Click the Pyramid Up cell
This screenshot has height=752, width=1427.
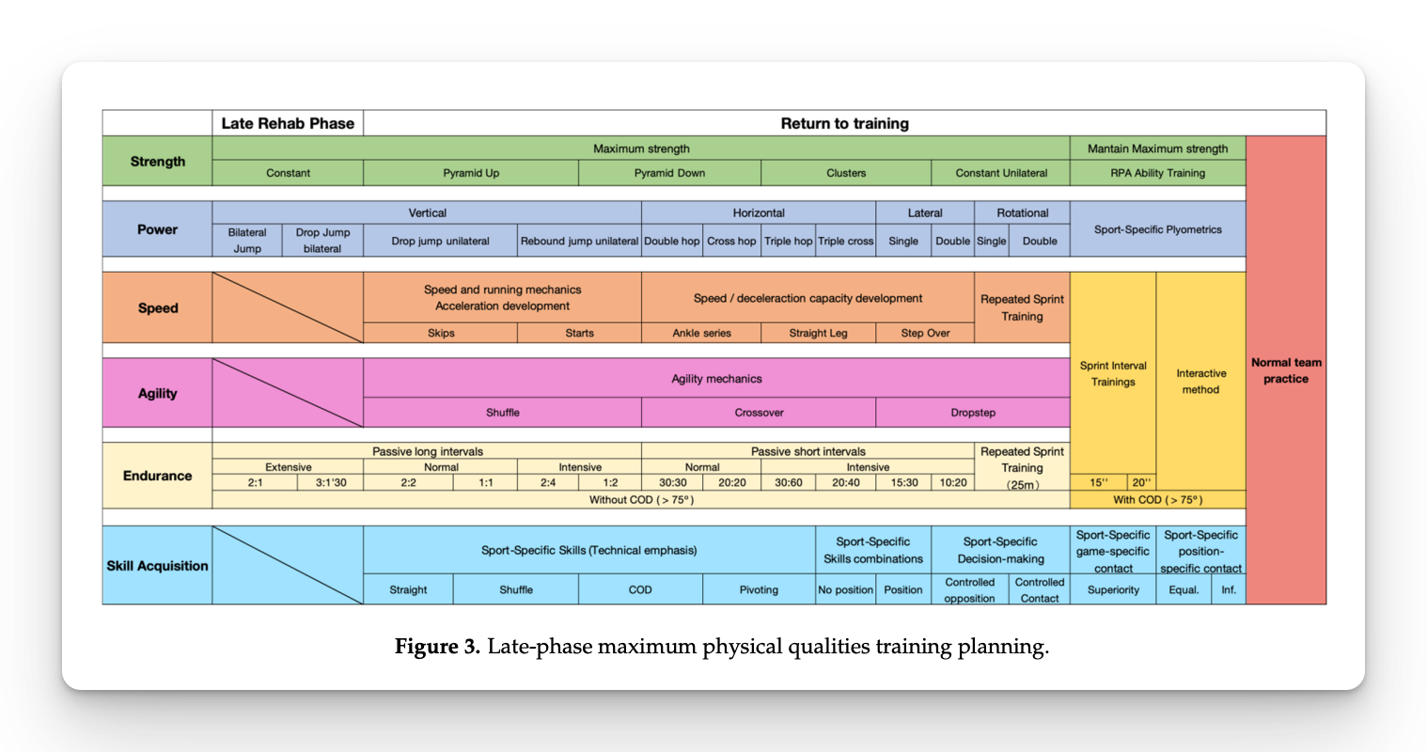tap(471, 173)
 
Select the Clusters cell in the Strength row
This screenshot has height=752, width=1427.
tap(846, 173)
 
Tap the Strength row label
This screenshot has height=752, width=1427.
tap(157, 161)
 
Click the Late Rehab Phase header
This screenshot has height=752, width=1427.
tap(288, 123)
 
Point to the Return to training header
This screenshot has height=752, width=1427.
tap(845, 123)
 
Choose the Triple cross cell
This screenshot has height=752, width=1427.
tap(845, 241)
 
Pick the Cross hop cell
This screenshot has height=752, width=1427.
tap(731, 241)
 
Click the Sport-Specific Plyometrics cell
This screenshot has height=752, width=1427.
tap(1157, 229)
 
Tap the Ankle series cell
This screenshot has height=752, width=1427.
tap(701, 333)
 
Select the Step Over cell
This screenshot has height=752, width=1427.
tap(925, 333)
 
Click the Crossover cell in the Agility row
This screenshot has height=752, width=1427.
tap(759, 413)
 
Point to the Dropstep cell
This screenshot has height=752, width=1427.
tap(973, 413)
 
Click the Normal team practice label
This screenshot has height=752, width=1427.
tap(1286, 370)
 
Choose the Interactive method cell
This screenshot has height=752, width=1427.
tap(1200, 382)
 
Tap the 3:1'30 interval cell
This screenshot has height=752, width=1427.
tap(331, 482)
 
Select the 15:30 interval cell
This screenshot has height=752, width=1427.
tap(904, 482)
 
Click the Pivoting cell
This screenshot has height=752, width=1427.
tap(759, 589)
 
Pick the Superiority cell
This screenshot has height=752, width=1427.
tap(1113, 589)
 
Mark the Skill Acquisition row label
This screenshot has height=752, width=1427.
tap(157, 566)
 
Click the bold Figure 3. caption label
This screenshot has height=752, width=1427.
tap(437, 647)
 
